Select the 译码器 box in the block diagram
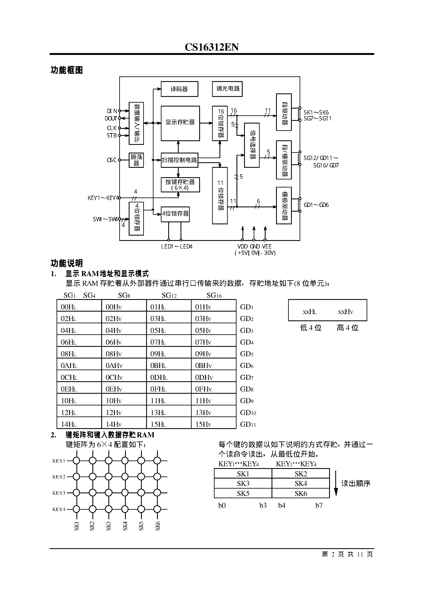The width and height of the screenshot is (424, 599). pyautogui.click(x=179, y=89)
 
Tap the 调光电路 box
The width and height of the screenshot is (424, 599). pyautogui.click(x=227, y=89)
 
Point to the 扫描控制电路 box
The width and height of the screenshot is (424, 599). pyautogui.click(x=179, y=160)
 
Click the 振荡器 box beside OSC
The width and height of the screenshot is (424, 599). pyautogui.click(x=136, y=160)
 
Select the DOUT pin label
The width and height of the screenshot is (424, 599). pyautogui.click(x=111, y=118)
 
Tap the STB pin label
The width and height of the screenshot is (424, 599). pyautogui.click(x=111, y=135)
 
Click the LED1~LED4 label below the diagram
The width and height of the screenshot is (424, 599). pyautogui.click(x=177, y=246)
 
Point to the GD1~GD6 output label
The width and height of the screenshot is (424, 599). pyautogui.click(x=316, y=205)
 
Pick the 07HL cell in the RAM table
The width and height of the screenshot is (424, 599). pyautogui.click(x=158, y=342)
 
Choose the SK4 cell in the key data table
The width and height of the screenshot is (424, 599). pyautogui.click(x=301, y=483)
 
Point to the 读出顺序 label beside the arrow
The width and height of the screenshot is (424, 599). pyautogui.click(x=356, y=483)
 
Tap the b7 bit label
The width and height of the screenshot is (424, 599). pyautogui.click(x=319, y=506)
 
